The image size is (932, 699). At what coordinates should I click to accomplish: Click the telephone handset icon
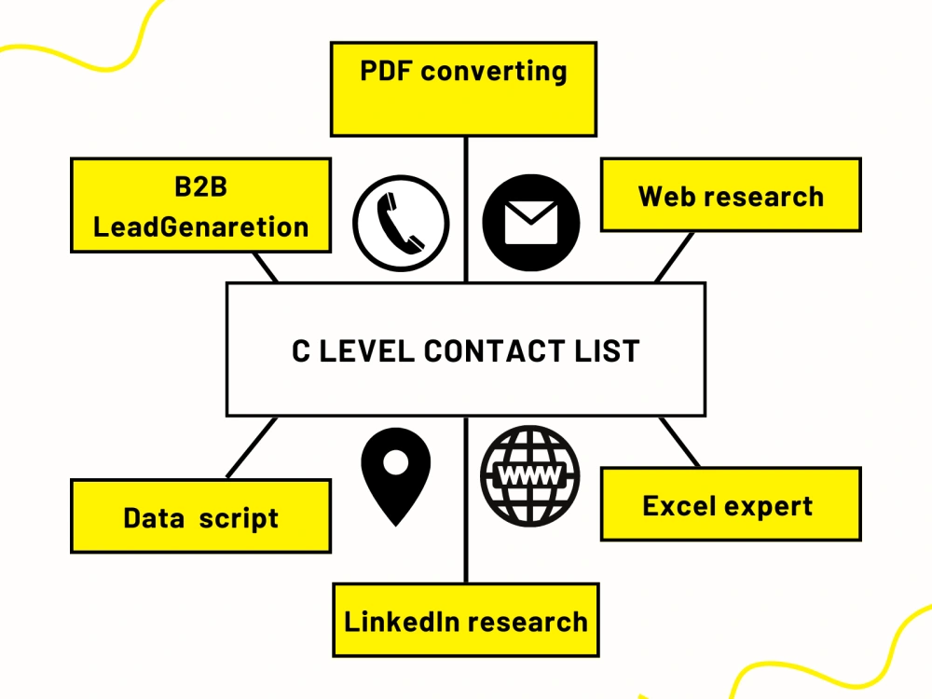401,224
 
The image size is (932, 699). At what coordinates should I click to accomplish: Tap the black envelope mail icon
531,223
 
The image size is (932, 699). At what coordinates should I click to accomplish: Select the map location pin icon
396,476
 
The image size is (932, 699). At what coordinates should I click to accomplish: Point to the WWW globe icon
530,476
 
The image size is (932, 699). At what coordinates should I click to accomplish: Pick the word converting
494,73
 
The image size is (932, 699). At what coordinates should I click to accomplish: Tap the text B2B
201,186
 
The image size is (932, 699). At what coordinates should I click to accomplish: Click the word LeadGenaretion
201,227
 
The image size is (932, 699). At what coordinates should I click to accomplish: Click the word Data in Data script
154,517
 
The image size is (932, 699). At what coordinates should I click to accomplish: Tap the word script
239,519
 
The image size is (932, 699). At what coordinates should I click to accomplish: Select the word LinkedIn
401,622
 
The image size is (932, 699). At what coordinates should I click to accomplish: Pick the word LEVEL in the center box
366,350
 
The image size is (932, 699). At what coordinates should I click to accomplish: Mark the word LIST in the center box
607,350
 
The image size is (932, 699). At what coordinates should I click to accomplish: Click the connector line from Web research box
674,257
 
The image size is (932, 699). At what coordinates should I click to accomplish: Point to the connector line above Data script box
252,447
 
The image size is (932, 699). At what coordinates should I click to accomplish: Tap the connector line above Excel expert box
679,442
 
